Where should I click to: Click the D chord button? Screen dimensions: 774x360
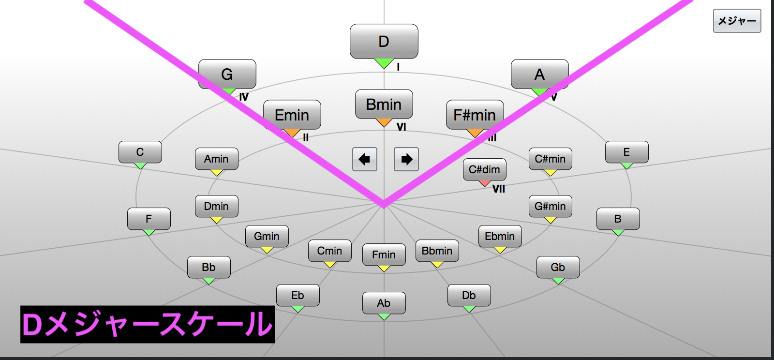[384, 42]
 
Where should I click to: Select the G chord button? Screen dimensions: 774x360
[227, 74]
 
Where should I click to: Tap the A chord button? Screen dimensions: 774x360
[539, 74]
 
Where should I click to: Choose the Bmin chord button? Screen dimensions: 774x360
[384, 104]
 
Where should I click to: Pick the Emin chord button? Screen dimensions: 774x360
[292, 115]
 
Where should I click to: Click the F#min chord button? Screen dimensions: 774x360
[475, 115]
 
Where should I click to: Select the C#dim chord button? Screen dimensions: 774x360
[484, 169]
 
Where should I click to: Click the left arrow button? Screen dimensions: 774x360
[365, 159]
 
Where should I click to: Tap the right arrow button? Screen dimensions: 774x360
[406, 159]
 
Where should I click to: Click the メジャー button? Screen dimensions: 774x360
[737, 21]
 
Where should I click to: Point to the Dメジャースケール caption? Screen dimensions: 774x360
[148, 324]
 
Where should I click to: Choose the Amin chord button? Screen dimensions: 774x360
[216, 159]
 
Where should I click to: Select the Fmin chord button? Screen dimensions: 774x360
[384, 255]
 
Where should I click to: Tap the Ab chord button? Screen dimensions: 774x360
[384, 303]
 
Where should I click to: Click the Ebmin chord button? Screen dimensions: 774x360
[500, 236]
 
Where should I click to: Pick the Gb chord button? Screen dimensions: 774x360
[558, 267]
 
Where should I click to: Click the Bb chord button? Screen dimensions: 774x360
[208, 267]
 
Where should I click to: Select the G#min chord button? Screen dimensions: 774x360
[550, 206]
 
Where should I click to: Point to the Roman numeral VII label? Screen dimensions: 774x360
[499, 189]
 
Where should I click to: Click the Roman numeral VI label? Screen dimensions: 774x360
[401, 127]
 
